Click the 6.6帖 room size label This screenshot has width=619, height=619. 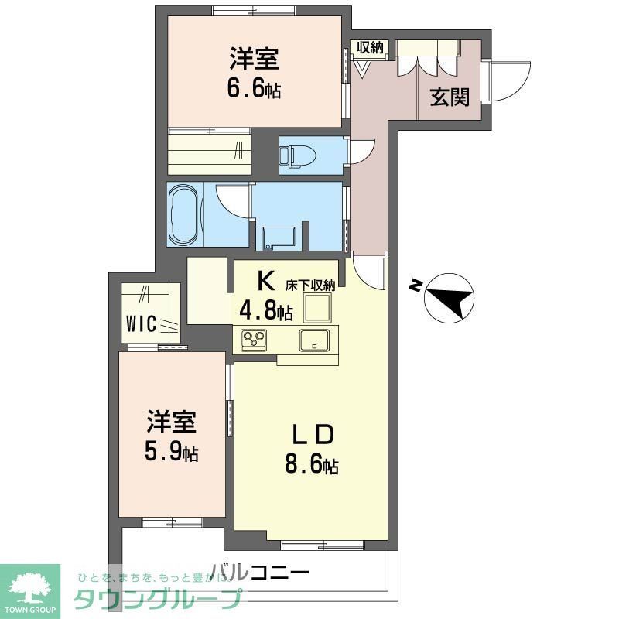[254, 88]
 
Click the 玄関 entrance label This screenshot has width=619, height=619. [450, 97]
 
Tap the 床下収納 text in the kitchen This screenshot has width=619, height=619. [313, 285]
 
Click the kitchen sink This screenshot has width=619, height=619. [314, 339]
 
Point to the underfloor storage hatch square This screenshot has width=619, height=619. [316, 309]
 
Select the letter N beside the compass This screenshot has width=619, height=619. [416, 286]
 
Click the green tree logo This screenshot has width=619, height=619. [30, 586]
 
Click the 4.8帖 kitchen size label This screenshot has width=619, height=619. [265, 311]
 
